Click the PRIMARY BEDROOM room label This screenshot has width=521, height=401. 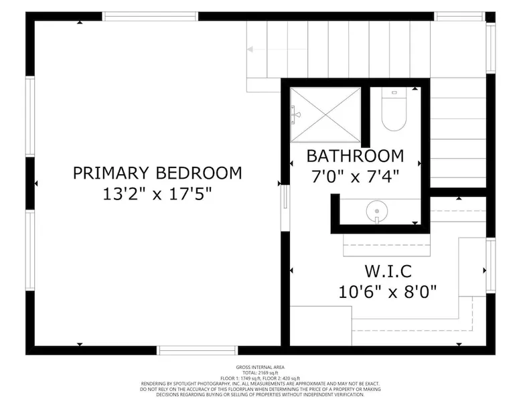tap(157, 173)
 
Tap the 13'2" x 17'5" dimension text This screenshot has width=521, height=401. tap(157, 194)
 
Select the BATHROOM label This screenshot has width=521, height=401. tap(355, 156)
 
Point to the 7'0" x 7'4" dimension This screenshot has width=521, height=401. tap(355, 176)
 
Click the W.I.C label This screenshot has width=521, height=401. tap(388, 271)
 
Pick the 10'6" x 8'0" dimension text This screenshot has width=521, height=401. tap(388, 292)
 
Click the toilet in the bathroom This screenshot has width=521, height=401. tap(394, 109)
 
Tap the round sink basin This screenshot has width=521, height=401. tap(377, 212)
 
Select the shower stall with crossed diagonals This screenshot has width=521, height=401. tap(325, 114)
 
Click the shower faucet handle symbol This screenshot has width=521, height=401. tap(295, 115)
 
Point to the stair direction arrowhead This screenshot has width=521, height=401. tap(250, 50)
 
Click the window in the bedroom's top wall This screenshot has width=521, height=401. tap(150, 16)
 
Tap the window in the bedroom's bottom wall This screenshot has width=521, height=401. tap(198, 350)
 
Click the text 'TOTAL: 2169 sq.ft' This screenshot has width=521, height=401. tap(260, 373)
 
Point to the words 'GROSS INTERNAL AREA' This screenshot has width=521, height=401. tap(260, 367)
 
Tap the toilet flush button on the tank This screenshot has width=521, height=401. tap(394, 92)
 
